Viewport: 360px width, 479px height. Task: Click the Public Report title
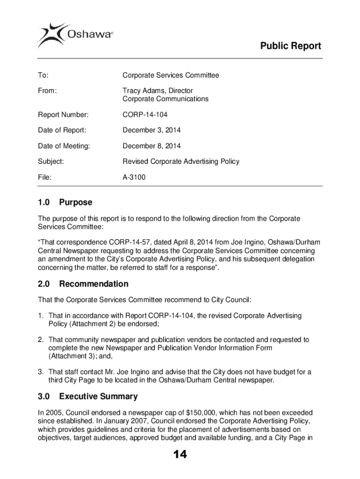click(x=290, y=46)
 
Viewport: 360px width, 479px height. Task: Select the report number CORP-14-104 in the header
click(x=145, y=115)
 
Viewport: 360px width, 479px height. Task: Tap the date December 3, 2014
click(x=151, y=130)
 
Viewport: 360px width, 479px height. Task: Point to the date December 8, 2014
click(x=151, y=146)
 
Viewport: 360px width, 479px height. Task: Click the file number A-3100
click(x=134, y=177)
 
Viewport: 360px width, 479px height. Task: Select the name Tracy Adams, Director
click(x=158, y=90)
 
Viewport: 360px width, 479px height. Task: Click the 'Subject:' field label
click(x=50, y=161)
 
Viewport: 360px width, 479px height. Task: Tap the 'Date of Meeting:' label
click(x=64, y=146)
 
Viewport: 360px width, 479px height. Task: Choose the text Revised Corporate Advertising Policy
click(x=180, y=161)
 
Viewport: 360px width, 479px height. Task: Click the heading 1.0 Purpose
click(x=65, y=203)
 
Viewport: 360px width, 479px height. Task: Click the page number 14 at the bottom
click(x=180, y=455)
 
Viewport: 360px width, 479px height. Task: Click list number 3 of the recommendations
click(x=41, y=372)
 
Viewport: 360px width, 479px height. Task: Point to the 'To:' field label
click(x=43, y=75)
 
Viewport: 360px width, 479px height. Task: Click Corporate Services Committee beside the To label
click(x=171, y=75)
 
